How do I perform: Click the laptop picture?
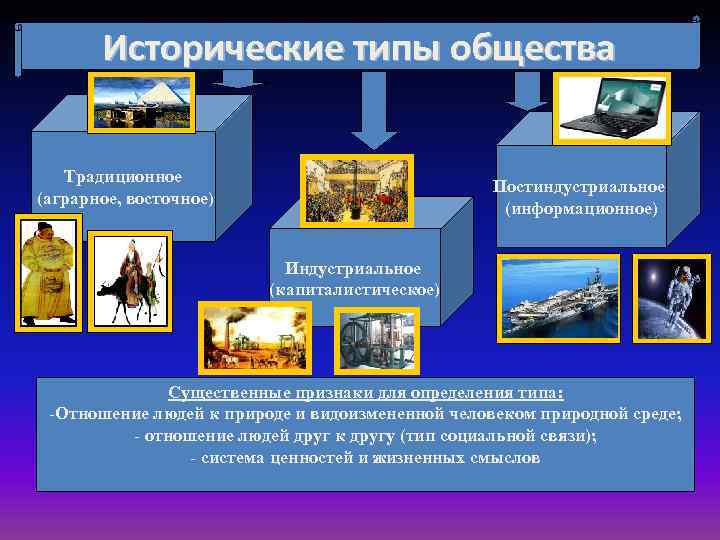611,108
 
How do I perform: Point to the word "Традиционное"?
123,177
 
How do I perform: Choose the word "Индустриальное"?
353,268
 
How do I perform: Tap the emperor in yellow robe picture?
46,272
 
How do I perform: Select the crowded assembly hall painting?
357,192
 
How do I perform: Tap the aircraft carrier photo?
559,299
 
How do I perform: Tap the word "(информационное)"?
581,209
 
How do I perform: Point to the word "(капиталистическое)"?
354,289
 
